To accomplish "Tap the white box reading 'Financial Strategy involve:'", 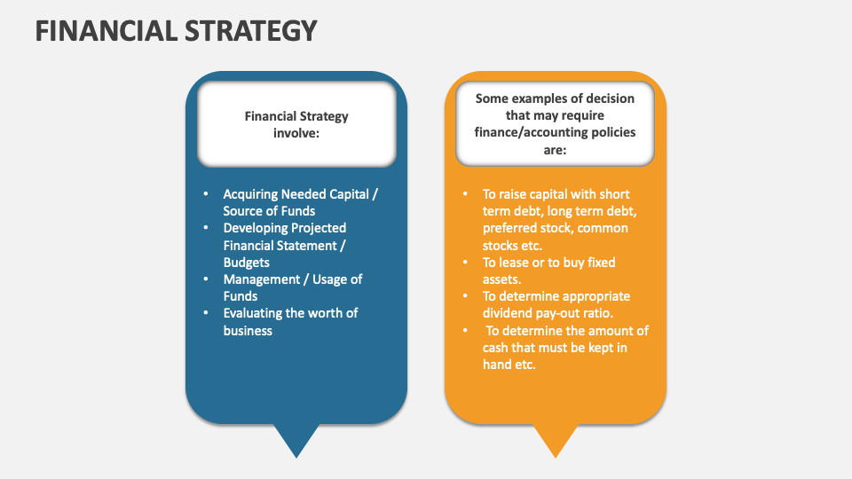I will (x=296, y=124).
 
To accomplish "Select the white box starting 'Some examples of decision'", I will (x=555, y=124).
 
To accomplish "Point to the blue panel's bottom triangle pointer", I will (x=296, y=440).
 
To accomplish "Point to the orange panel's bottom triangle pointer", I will (x=555, y=440).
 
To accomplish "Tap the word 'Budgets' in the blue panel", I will (x=246, y=263).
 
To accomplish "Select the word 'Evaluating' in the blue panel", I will (x=253, y=313).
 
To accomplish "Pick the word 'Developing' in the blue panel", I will (x=255, y=228).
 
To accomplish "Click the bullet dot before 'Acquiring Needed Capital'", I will (x=206, y=193).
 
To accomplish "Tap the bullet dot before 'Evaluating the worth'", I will (x=206, y=313).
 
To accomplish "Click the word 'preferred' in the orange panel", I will (x=509, y=228).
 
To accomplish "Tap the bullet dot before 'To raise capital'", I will (x=465, y=193).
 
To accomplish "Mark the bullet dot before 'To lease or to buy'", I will (x=465, y=263).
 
